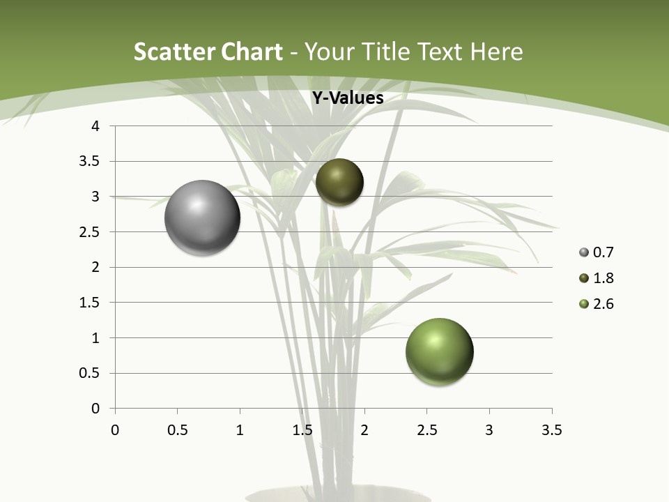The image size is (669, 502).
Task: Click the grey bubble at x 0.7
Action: click(202, 218)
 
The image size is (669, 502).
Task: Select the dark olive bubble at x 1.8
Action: click(339, 182)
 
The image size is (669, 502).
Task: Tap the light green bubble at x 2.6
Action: click(439, 351)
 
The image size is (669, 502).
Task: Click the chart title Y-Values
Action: click(347, 98)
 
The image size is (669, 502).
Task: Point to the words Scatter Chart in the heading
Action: click(208, 52)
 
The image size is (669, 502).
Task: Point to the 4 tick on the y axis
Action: click(96, 126)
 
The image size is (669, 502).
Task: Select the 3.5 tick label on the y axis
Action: click(91, 161)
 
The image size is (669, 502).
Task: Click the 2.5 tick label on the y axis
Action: click(91, 232)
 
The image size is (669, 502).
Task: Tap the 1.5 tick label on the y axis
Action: click(91, 303)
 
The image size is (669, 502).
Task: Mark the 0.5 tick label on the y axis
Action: click(91, 373)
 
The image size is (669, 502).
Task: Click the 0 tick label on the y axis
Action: click(96, 409)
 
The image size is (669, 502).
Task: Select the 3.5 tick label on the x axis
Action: click(551, 430)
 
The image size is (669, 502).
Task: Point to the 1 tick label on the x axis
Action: click(240, 430)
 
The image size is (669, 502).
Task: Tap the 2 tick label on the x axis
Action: click(364, 430)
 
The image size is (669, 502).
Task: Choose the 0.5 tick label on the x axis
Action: click(177, 430)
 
